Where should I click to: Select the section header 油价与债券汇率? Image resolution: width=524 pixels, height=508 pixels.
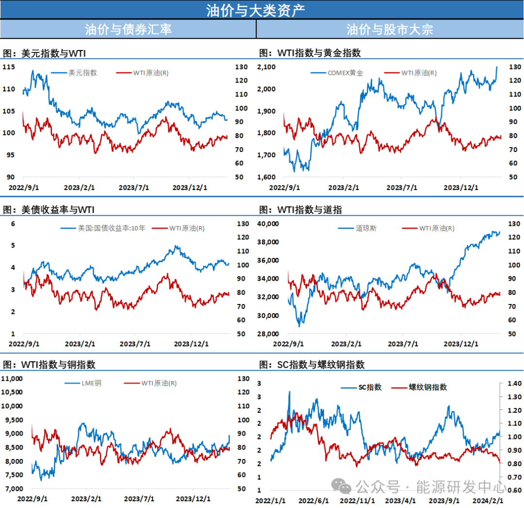[x=128, y=29]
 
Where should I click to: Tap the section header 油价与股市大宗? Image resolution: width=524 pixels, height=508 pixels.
[x=390, y=29]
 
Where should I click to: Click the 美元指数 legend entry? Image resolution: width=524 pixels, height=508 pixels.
[x=82, y=73]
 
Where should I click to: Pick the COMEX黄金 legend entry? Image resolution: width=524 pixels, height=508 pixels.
[x=345, y=73]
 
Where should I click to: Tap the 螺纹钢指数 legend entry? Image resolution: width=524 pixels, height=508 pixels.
[x=427, y=387]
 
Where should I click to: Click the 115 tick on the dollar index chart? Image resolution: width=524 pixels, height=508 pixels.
[x=8, y=67]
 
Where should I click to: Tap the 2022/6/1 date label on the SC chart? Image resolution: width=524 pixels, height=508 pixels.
[x=313, y=501]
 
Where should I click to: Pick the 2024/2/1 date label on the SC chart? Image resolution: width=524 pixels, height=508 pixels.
[x=488, y=501]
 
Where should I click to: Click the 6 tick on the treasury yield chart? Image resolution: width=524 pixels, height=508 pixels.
[x=14, y=224]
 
